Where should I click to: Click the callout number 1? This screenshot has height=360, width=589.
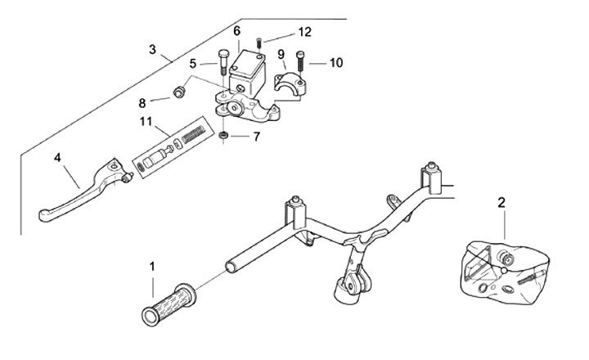coord(152,267)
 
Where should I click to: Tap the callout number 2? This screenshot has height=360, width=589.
coord(501,203)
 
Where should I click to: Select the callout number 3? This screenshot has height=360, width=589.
coord(152,50)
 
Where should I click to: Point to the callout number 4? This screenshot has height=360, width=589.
coord(57,157)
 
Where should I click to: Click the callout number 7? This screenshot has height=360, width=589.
coord(257,137)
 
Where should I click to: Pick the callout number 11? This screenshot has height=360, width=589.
coord(146,122)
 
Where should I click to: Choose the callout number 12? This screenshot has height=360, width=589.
coord(305,32)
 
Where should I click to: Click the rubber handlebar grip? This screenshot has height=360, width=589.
coord(169,304)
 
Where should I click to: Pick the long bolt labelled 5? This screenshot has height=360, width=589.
coord(222,63)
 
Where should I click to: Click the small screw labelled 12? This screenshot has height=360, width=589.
coord(259,43)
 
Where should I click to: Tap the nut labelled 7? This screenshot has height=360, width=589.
coord(223,135)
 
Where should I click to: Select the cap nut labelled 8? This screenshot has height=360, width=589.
coord(178,92)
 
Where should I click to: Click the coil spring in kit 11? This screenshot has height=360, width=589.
coord(193,134)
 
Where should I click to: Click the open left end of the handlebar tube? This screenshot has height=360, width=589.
coord(230,267)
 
